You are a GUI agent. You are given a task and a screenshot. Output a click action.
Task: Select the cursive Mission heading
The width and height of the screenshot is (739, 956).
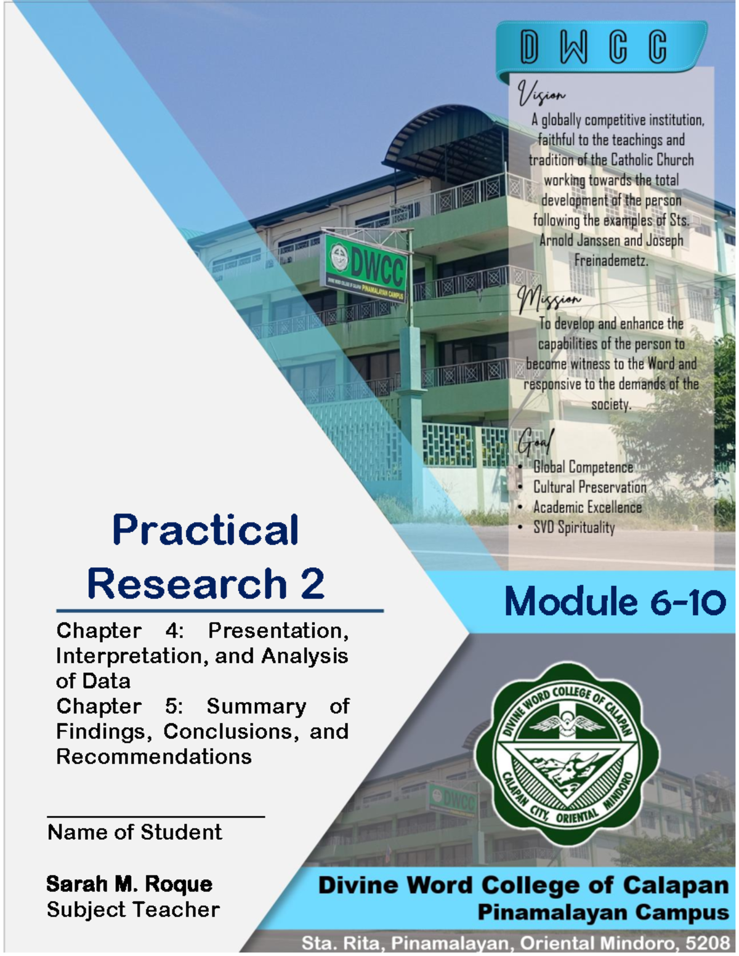[x=549, y=300]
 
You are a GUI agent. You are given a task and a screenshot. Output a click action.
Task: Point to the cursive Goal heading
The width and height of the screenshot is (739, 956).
[x=536, y=441]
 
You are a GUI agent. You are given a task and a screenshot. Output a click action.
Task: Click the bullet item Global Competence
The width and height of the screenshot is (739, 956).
[x=583, y=467]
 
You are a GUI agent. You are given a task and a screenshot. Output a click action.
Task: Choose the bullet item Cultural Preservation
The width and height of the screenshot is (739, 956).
[x=589, y=488]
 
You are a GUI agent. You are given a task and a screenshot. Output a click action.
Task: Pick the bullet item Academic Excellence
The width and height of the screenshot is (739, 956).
[x=587, y=507]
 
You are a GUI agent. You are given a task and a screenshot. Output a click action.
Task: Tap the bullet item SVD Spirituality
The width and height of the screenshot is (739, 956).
[x=573, y=528]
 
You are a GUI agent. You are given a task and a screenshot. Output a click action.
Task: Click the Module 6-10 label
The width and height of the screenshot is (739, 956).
[x=615, y=601]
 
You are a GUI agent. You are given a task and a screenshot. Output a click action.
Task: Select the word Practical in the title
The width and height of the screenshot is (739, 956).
[x=205, y=530]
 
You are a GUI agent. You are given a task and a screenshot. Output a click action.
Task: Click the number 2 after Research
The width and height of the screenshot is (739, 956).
[x=313, y=584]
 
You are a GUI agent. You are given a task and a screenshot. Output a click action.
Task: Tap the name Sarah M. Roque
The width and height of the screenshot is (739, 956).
[x=129, y=884]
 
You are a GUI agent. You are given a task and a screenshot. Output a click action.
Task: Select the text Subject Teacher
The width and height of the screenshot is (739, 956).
[x=133, y=909]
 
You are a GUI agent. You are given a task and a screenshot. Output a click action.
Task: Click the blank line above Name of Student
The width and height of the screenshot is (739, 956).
[x=156, y=816]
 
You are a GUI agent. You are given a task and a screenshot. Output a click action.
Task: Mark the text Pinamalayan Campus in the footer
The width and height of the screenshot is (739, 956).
[x=603, y=912]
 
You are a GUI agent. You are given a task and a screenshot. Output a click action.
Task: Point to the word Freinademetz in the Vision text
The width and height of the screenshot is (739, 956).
[x=611, y=261]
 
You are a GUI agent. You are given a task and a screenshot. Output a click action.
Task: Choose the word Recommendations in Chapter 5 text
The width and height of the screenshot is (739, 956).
[x=154, y=757]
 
